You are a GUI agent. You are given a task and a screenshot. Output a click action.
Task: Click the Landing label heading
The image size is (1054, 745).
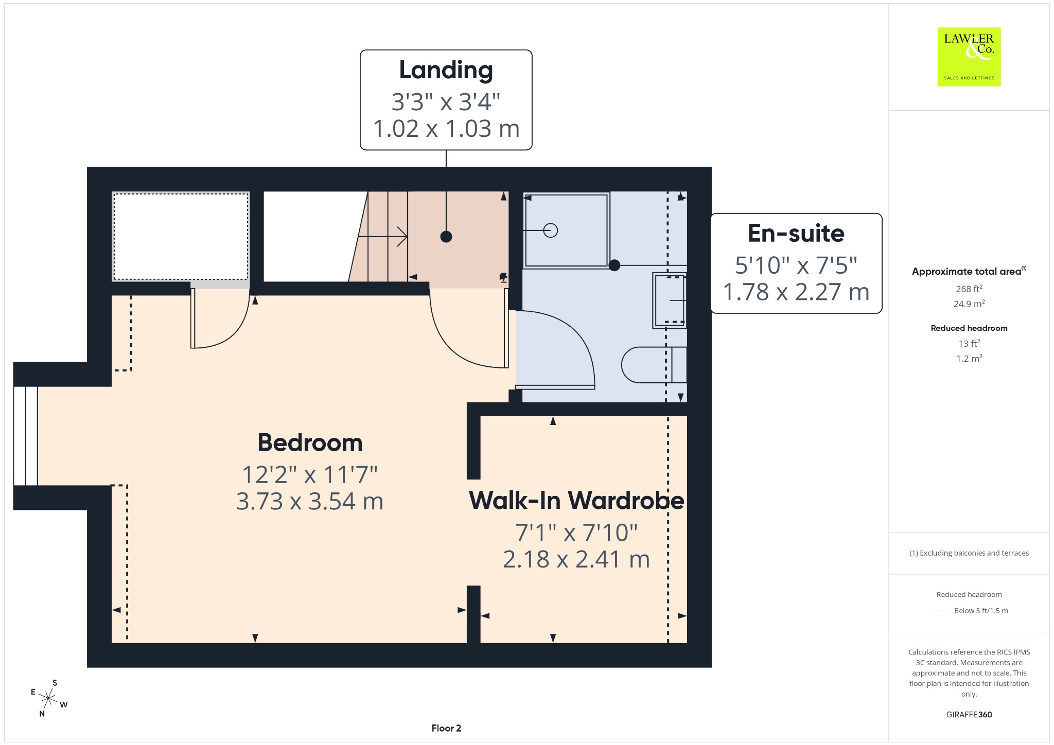(446, 70)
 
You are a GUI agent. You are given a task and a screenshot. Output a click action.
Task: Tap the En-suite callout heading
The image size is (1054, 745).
(796, 233)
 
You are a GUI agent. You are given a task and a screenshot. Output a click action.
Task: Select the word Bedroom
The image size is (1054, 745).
(310, 442)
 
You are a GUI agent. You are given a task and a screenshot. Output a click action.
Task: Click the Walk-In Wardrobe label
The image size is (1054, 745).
(576, 500)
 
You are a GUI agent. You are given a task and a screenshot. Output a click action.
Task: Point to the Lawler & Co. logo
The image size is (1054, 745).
(969, 57)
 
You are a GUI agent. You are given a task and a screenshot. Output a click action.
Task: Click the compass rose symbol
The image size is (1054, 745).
(48, 698)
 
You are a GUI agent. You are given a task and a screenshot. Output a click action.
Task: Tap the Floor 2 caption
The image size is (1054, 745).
(446, 728)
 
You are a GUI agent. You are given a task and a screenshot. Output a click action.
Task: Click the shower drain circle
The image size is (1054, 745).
(551, 230)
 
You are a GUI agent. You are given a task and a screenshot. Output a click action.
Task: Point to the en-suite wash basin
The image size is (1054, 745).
(670, 300)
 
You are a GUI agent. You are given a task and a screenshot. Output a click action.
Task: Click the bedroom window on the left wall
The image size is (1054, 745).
(26, 436)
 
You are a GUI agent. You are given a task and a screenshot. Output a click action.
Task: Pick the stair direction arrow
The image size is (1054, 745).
(382, 237)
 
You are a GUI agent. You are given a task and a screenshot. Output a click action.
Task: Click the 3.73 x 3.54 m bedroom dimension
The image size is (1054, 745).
(310, 501)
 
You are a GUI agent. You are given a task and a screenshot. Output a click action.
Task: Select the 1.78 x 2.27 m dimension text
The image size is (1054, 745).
(796, 292)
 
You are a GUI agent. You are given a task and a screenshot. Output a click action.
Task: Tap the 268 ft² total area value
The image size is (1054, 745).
(969, 289)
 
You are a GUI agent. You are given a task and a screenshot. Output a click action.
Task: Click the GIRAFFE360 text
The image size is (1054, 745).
(969, 714)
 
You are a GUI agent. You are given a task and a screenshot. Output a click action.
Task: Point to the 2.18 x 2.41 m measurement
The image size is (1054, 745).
(576, 559)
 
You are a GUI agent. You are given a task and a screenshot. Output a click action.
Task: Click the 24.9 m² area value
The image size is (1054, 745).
(969, 304)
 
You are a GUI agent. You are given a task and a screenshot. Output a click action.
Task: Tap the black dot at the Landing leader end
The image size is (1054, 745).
(446, 237)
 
